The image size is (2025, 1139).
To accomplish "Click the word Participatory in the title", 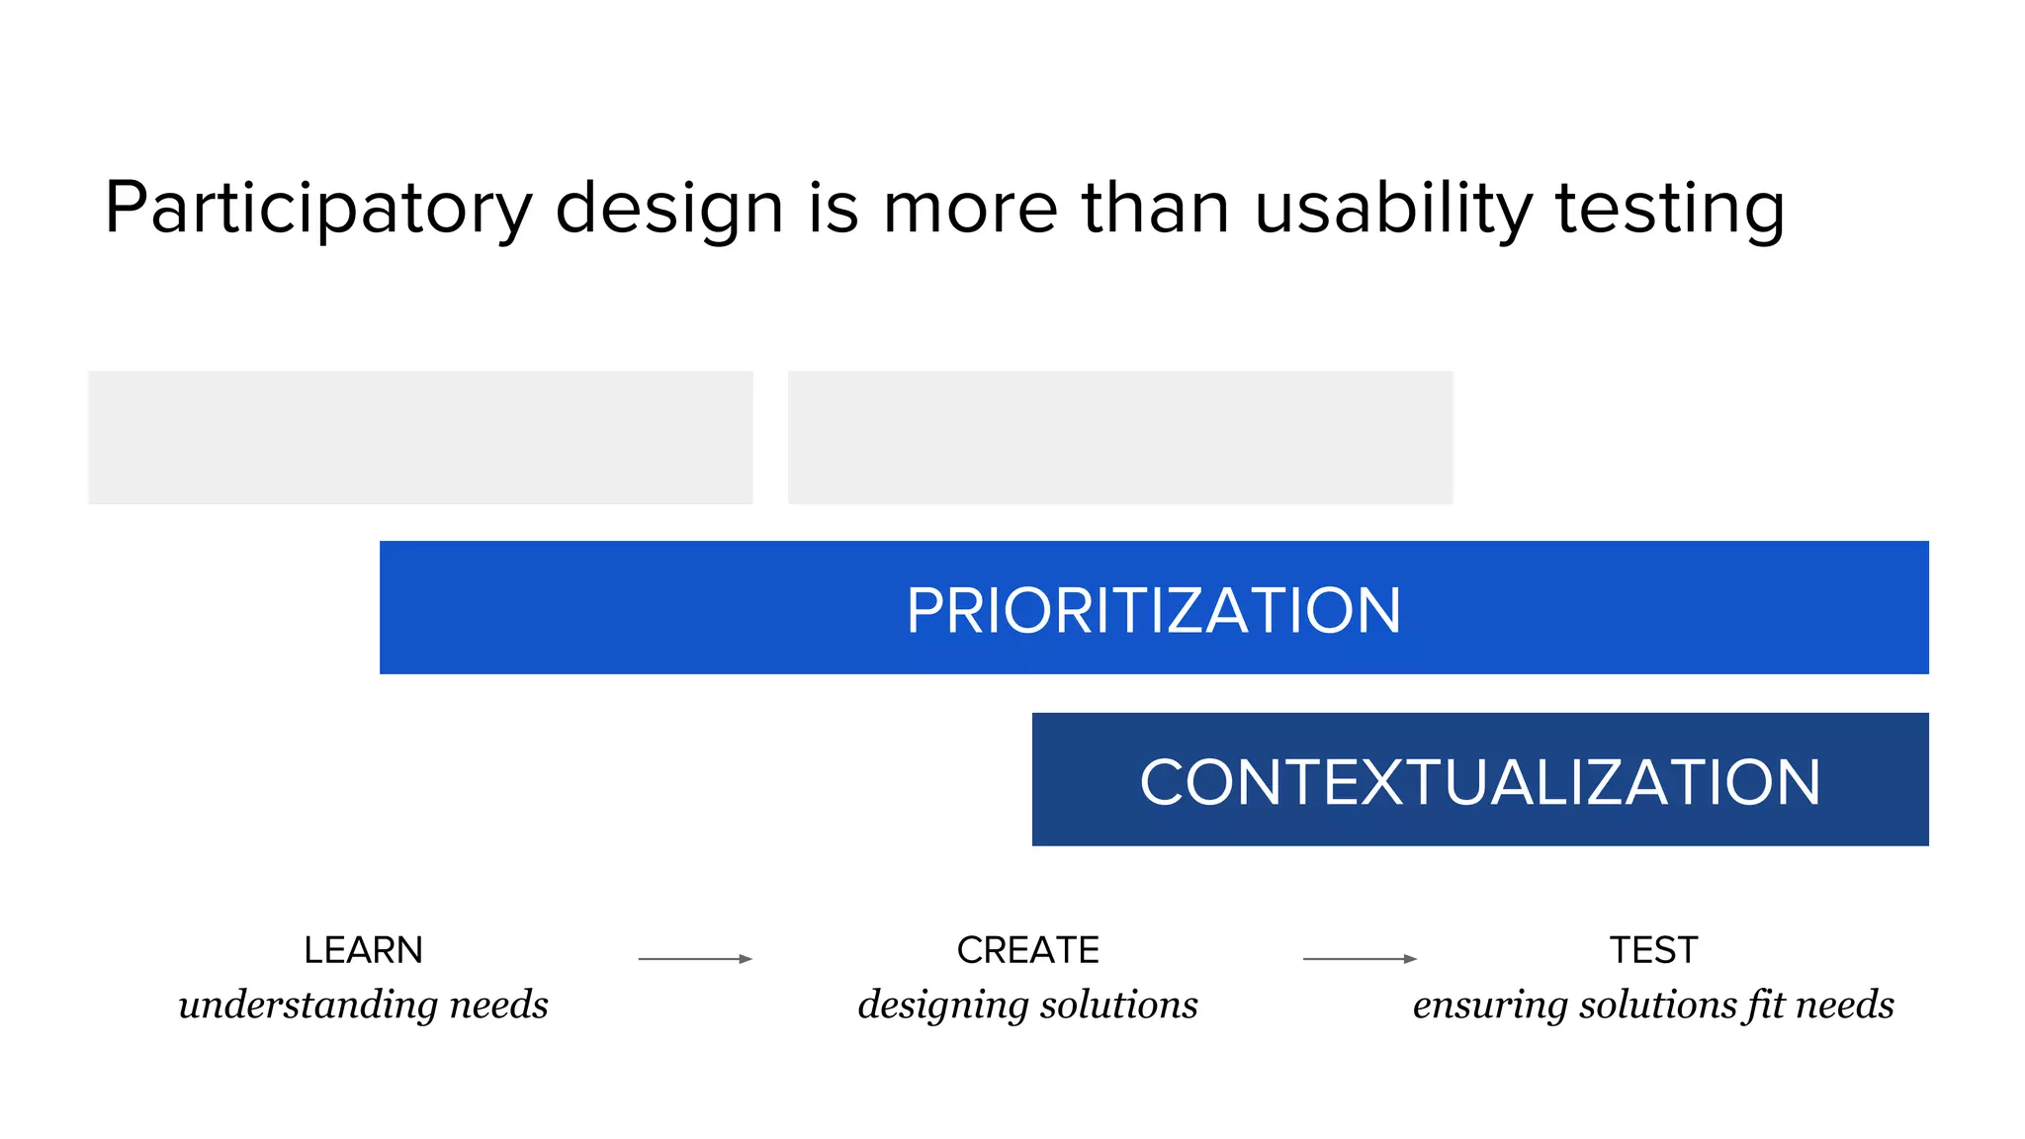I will [x=317, y=209].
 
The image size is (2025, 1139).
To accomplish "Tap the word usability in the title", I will [x=1393, y=209].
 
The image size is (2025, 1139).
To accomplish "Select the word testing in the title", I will [x=1670, y=209].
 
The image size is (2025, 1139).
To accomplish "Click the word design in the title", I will [x=669, y=209].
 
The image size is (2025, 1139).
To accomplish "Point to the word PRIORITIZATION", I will [x=1154, y=610].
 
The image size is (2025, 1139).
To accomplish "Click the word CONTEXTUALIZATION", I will [x=1479, y=782].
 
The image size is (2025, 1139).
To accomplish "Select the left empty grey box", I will [x=420, y=437].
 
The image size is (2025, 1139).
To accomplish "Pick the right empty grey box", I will [x=1120, y=437].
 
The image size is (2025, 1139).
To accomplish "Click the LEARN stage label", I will [x=363, y=950].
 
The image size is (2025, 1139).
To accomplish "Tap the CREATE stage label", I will [x=1027, y=950].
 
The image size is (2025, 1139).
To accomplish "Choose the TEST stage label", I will [x=1653, y=950].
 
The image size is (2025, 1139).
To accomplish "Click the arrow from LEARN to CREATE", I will [x=695, y=958].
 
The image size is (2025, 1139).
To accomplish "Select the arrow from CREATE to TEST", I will [x=1360, y=958].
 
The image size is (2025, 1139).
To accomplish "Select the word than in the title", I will [x=1156, y=209].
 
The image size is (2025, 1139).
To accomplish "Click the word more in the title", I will [x=970, y=209].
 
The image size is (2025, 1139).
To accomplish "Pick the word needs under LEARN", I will [x=498, y=1006].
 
